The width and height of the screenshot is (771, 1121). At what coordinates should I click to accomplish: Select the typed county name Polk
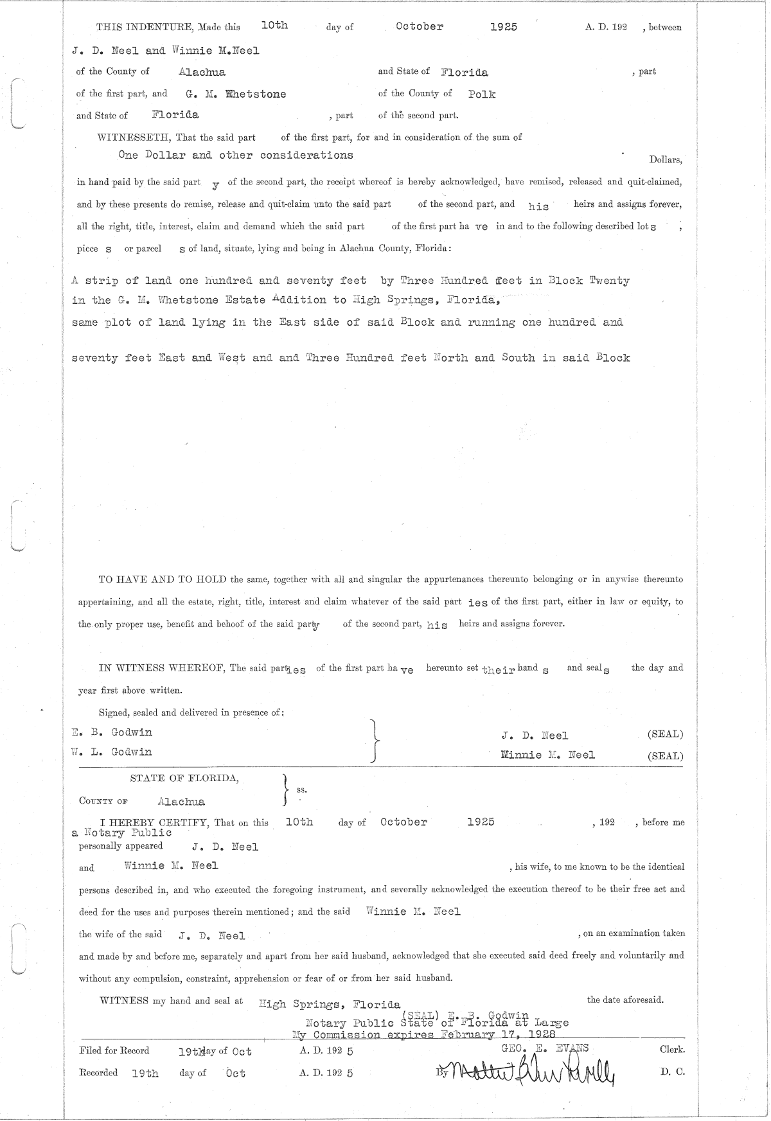pyautogui.click(x=482, y=94)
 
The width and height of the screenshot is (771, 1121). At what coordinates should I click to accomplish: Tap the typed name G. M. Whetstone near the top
pyautogui.click(x=236, y=94)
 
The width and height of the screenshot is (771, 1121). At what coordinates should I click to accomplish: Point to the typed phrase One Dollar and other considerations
pyautogui.click(x=236, y=155)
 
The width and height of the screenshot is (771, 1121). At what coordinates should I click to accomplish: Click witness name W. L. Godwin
pyautogui.click(x=112, y=752)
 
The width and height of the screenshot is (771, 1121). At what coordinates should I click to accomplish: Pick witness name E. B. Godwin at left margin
pyautogui.click(x=112, y=732)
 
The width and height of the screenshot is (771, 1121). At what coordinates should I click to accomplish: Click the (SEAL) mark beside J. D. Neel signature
pyautogui.click(x=665, y=734)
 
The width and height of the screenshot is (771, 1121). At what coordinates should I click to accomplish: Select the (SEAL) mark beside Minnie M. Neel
pyautogui.click(x=665, y=756)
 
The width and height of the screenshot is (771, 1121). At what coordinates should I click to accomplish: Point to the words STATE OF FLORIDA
pyautogui.click(x=185, y=778)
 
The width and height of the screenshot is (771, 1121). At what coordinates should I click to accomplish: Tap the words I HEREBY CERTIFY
pyautogui.click(x=158, y=822)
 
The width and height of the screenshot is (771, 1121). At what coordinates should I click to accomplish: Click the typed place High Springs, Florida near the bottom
pyautogui.click(x=330, y=1004)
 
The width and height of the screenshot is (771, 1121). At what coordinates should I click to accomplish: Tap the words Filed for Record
pyautogui.click(x=114, y=1050)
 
